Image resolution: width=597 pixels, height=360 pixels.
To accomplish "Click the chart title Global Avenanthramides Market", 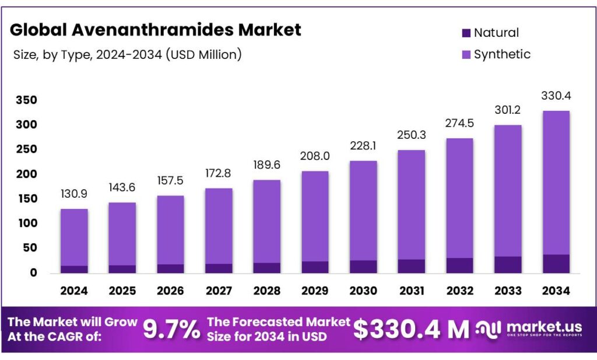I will point(156,30).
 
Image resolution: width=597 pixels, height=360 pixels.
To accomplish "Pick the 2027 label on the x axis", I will point(219,290).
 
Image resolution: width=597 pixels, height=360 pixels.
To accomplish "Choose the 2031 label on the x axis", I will point(412,290).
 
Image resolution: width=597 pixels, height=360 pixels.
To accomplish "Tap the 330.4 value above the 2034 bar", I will point(556,96).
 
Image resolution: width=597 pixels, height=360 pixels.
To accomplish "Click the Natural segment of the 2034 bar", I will point(556,264).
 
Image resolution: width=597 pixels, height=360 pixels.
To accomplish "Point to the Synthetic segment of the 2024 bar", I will point(74,237).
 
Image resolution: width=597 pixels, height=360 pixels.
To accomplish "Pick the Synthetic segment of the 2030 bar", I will point(363,210).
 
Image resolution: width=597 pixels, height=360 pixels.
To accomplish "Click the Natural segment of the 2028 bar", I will point(267,268).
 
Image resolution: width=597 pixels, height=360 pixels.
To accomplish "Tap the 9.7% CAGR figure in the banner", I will point(171,330).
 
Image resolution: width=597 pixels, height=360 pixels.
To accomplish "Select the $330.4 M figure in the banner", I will point(411,330).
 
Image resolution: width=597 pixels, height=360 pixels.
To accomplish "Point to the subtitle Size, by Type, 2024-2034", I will point(127,55).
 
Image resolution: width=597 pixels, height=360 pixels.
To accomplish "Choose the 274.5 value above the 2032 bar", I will point(459,127).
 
